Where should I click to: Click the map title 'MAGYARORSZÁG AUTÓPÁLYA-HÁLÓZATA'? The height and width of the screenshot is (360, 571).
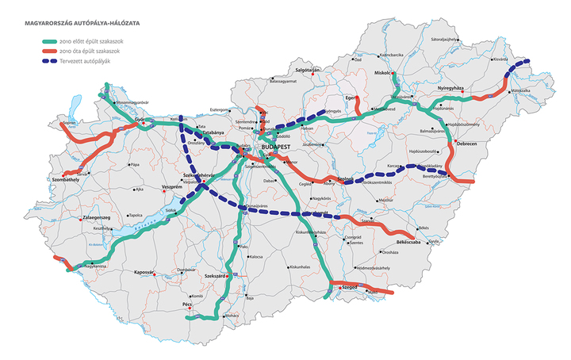(x=77, y=24)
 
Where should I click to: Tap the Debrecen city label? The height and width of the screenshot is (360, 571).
(x=466, y=144)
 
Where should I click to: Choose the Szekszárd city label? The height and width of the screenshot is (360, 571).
(x=217, y=275)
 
